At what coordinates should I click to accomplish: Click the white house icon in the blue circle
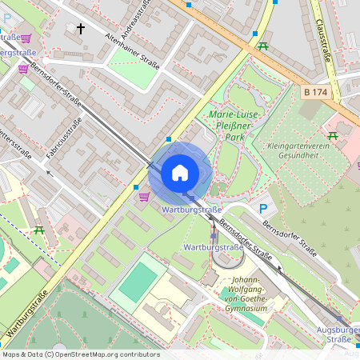coord(180,173)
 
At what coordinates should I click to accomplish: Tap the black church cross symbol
coord(79,29)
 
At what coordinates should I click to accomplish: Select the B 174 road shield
coord(315,93)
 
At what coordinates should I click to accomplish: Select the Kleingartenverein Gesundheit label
coord(311,150)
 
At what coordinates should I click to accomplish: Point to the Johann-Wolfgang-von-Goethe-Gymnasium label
coord(243,293)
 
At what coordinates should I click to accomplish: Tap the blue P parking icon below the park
coord(262,209)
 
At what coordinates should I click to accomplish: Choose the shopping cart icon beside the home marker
coord(144,196)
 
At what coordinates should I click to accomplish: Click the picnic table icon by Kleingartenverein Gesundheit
coord(333,134)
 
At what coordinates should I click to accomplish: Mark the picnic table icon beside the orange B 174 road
coord(262,46)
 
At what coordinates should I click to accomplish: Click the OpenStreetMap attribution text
coord(80,354)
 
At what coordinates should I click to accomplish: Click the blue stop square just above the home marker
coord(169,139)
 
